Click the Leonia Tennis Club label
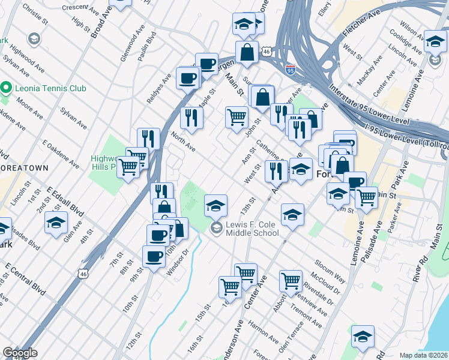tap(51, 89)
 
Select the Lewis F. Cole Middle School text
tap(252, 229)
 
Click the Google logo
tap(20, 353)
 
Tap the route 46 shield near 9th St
tap(82, 273)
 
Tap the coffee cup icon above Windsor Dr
tap(154, 256)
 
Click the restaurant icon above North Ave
tap(191, 118)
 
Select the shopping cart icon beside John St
tap(237, 116)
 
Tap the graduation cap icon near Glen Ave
tap(56, 223)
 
